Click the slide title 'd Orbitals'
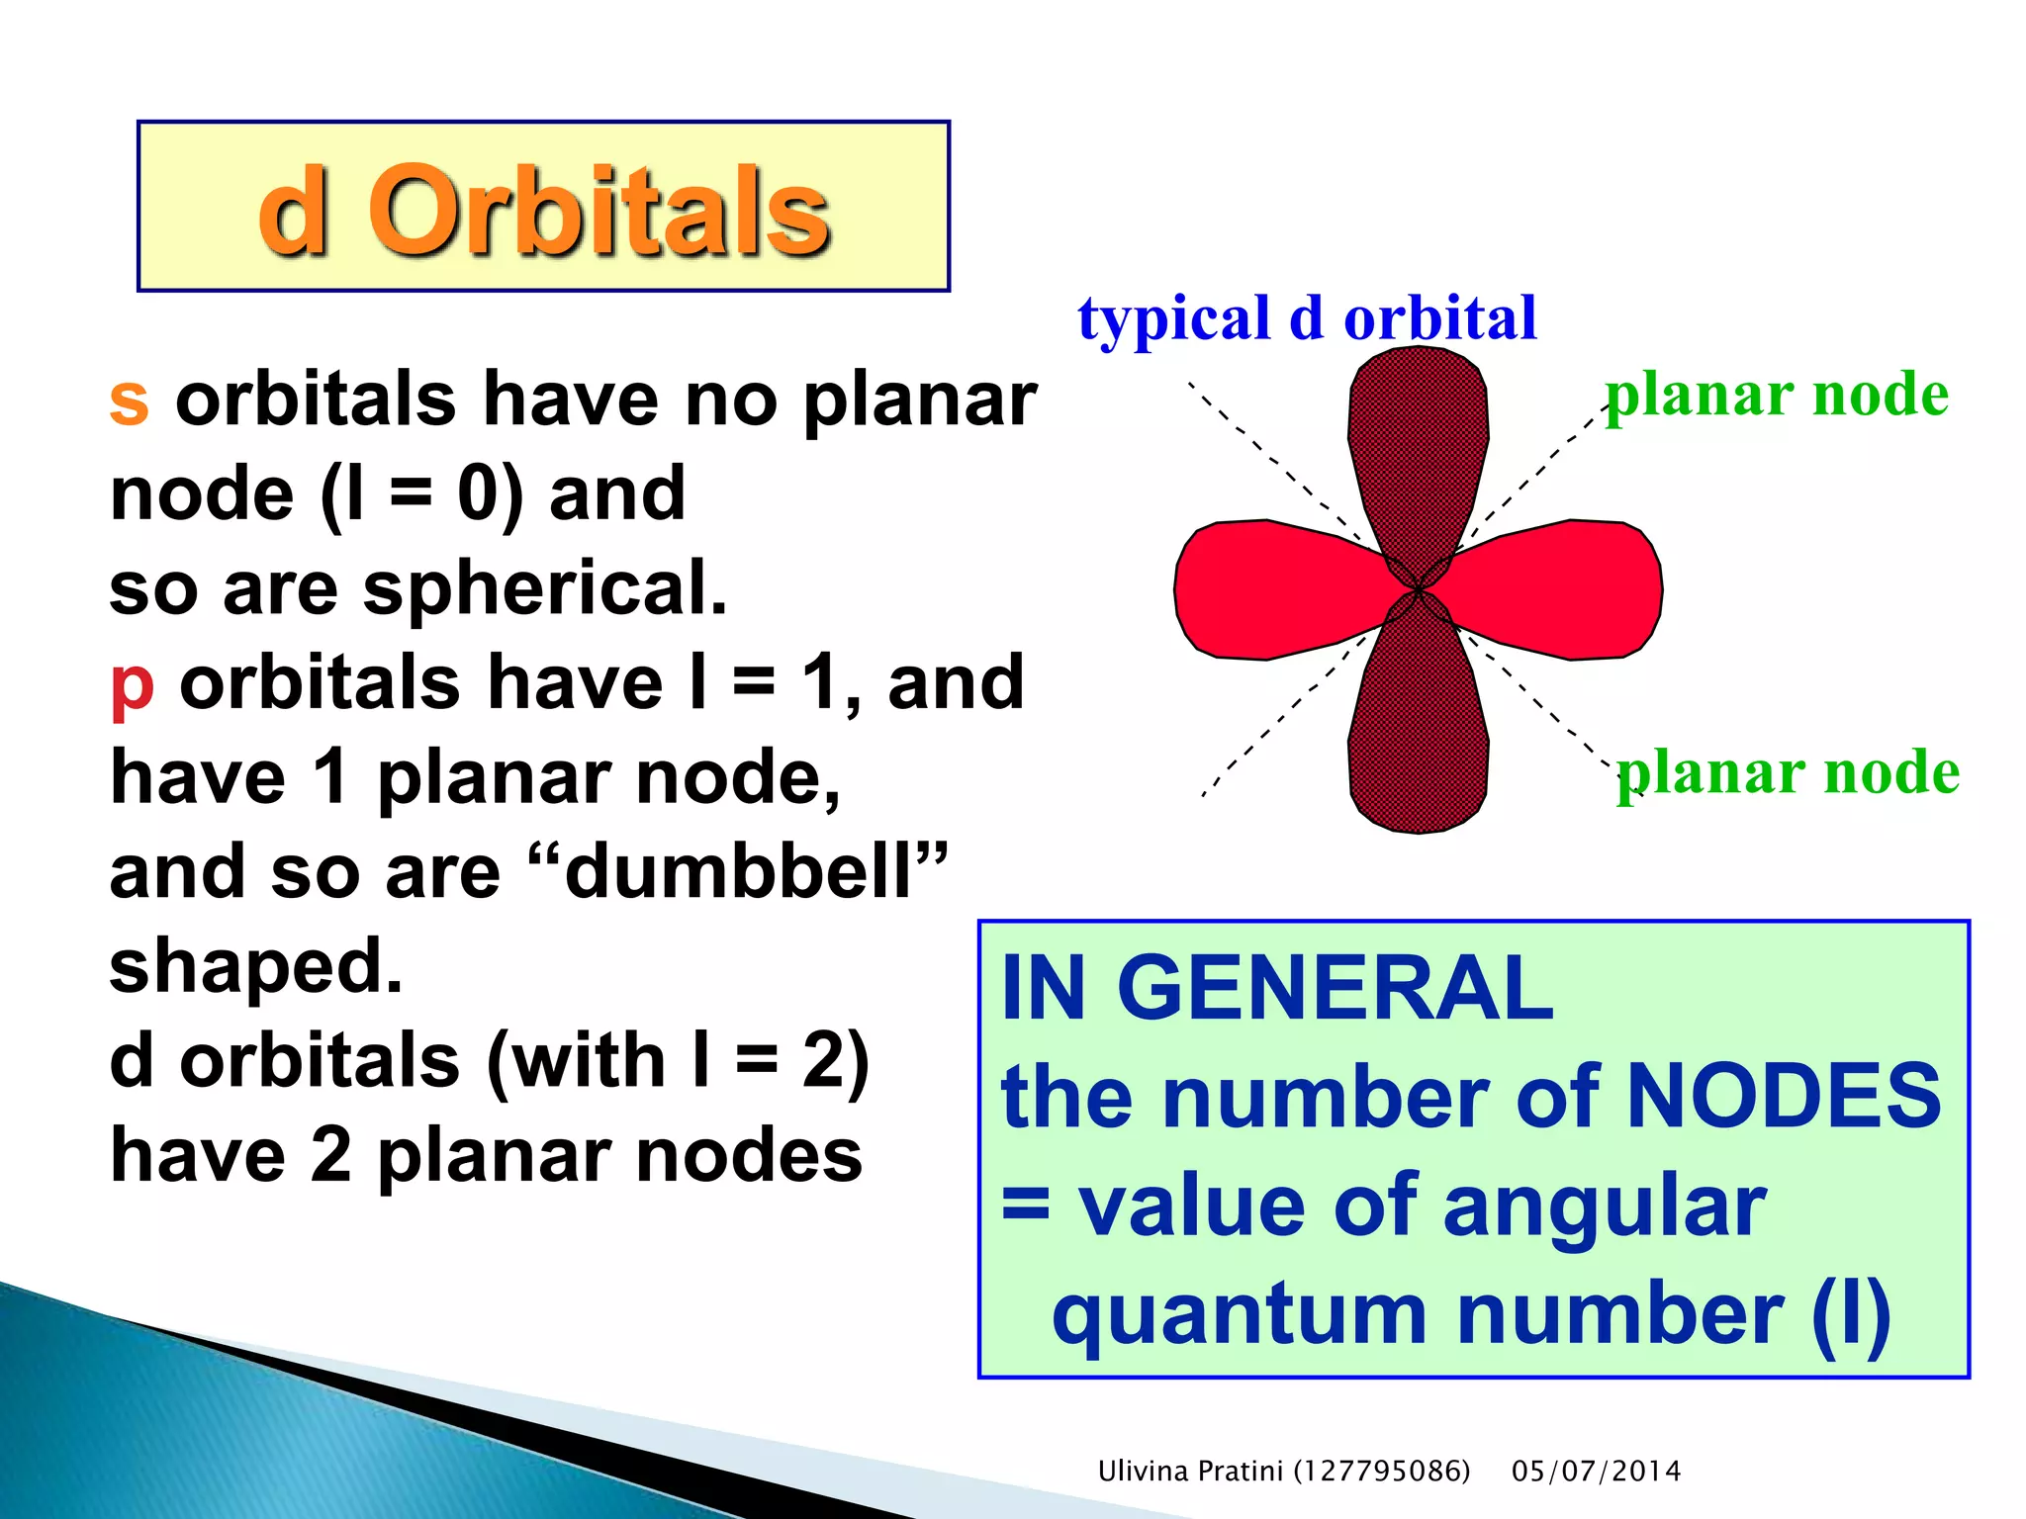coord(543,210)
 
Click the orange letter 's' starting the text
coord(130,401)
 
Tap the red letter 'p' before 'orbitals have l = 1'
coord(133,684)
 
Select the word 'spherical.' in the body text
coord(544,587)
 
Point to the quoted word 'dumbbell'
coord(737,872)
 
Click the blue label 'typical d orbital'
coord(1307,318)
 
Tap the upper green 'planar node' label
coord(1776,395)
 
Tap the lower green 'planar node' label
coord(1788,772)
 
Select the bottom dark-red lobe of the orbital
coord(1419,742)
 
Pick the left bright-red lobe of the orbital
coord(1266,589)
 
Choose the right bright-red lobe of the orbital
coord(1573,589)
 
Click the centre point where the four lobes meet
coord(1419,589)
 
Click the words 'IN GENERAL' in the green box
coord(1276,988)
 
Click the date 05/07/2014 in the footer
coord(1596,1472)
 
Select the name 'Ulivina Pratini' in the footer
coord(1191,1472)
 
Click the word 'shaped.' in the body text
coord(256,967)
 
